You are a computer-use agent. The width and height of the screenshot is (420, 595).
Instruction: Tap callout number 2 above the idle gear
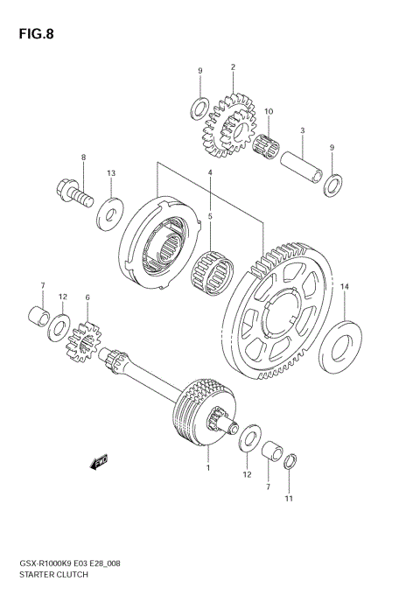coord(234,67)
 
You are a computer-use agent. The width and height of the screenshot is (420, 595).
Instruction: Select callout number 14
coord(344,287)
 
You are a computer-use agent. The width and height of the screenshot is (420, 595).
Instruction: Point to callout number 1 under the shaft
coord(207,468)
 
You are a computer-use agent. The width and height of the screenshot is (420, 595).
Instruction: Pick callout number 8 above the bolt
coord(84,158)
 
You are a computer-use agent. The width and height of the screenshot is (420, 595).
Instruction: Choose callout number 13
coord(111,173)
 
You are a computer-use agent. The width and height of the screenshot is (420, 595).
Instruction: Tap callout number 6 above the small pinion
coord(87,298)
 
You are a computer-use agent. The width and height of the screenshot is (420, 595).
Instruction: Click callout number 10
coord(269,111)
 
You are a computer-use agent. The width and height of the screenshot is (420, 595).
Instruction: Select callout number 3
coord(302,131)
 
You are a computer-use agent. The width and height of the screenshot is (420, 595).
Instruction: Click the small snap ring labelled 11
coord(295,460)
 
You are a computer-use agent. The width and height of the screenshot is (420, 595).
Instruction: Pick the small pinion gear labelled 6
coord(86,339)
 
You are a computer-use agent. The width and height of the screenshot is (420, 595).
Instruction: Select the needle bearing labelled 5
coord(211,265)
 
